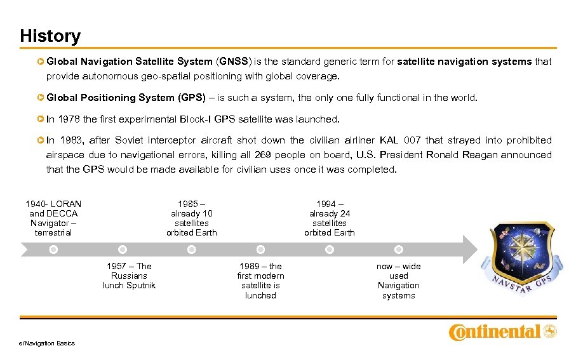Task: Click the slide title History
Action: click(x=50, y=36)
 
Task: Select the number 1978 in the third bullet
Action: click(x=70, y=119)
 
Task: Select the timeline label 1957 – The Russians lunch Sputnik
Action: click(x=129, y=276)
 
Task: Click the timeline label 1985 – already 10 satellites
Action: click(x=191, y=218)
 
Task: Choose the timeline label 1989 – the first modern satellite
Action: click(x=260, y=280)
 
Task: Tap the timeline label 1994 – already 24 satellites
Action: click(x=329, y=218)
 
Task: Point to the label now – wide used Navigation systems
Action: click(x=398, y=280)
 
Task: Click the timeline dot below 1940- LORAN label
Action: click(x=53, y=250)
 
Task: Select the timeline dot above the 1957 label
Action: click(x=123, y=250)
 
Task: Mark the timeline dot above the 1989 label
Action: click(x=260, y=250)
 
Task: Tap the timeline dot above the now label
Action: click(x=398, y=250)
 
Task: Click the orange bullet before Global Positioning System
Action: click(x=41, y=98)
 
